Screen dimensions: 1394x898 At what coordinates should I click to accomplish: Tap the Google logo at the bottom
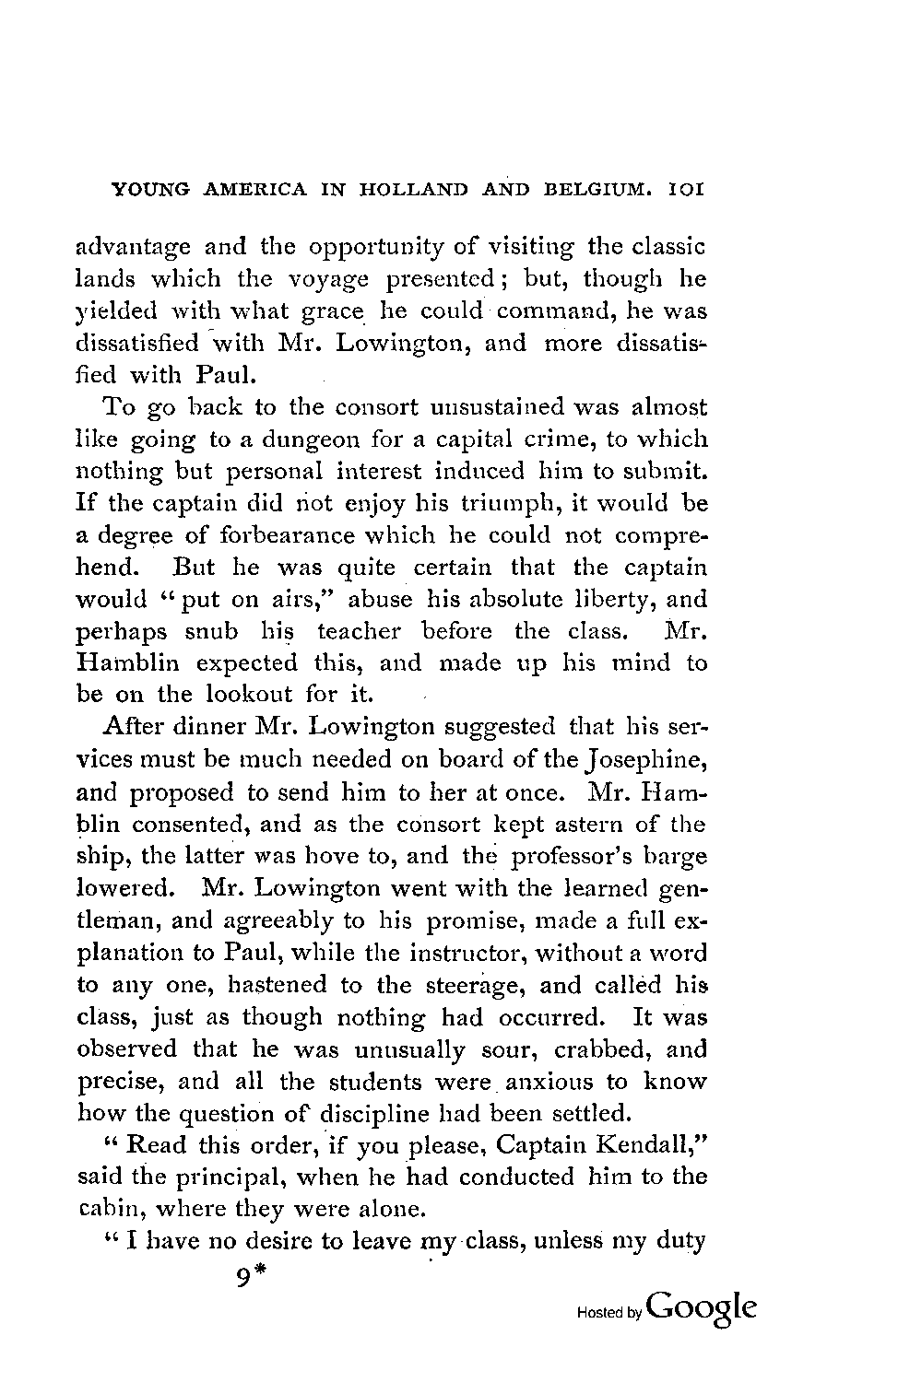point(703,1308)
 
